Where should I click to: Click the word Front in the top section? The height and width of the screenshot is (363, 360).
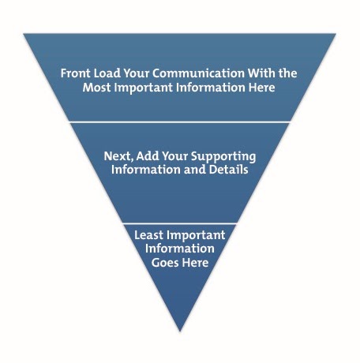[76, 73]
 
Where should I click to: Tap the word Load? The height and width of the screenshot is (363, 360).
[107, 73]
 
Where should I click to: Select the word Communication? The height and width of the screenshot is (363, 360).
[199, 73]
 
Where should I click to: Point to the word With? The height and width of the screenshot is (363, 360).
[262, 73]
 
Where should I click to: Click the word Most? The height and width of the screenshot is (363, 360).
[96, 88]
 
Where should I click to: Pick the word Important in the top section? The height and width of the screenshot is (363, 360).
[143, 88]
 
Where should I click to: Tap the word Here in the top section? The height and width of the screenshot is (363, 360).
[261, 88]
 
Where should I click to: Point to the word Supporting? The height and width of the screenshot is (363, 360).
[223, 157]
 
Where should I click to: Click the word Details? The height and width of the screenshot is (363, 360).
[229, 170]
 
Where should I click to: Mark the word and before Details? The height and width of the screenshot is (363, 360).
[195, 170]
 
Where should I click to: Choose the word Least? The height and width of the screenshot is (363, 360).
[148, 235]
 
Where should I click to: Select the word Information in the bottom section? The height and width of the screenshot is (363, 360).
[180, 249]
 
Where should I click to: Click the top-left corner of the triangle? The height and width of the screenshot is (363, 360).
[24, 34]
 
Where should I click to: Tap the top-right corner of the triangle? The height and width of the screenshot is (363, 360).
[336, 34]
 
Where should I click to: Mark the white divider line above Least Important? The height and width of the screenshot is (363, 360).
[180, 223]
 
